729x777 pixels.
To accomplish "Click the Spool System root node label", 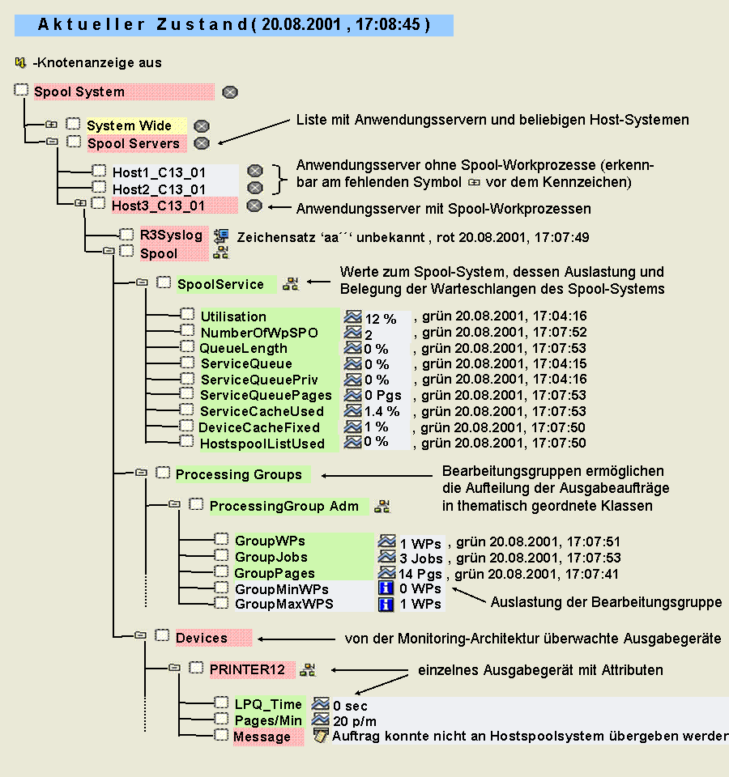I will coord(79,91).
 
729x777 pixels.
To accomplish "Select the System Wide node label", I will coord(130,125).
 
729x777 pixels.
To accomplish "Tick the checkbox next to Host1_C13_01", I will coord(99,171).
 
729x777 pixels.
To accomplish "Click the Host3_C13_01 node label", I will coord(159,205).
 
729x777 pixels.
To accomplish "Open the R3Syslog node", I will coord(171,235).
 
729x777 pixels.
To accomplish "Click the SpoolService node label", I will coord(220,284).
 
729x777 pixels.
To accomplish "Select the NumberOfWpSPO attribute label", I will coord(259,332).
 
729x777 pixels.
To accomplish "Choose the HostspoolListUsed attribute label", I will coord(262,444).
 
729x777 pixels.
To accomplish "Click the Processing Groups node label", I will coord(238,474).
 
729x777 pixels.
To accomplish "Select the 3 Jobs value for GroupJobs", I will coord(421,558).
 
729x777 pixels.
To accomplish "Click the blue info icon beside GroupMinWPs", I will coord(386,588).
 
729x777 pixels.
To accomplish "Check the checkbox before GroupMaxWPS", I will coord(221,603).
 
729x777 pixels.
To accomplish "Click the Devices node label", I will coord(202,638).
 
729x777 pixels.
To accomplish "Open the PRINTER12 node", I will coord(247,669).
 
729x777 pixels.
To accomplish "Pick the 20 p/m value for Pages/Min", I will coord(355,721).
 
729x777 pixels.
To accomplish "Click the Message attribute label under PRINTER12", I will coord(262,737).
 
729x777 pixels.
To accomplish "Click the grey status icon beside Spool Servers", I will coord(202,143).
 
